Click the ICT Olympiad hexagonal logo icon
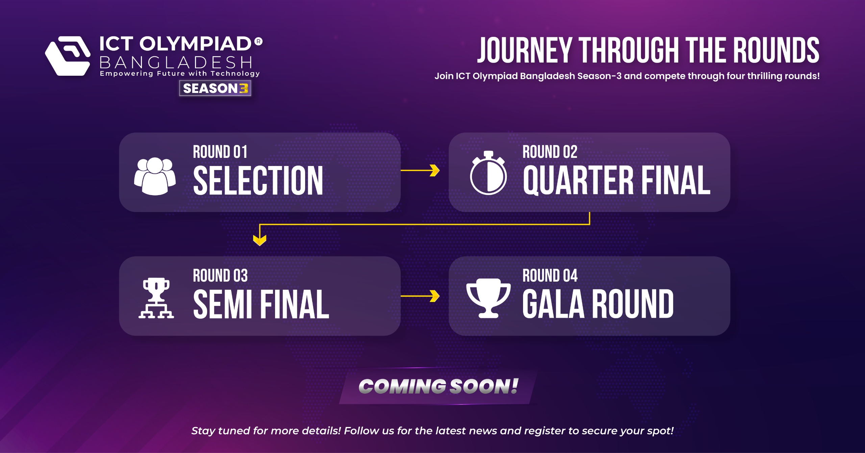(68, 56)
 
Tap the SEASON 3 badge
(215, 89)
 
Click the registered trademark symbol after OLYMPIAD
(258, 42)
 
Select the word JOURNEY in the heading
(524, 50)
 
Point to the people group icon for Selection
(155, 176)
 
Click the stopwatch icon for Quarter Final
(488, 173)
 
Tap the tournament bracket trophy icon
(156, 298)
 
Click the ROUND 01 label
(220, 152)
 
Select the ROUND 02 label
(550, 152)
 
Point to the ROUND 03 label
(220, 276)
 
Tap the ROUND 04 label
(550, 276)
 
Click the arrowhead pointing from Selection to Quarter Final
(435, 170)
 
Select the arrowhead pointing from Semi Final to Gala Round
(435, 296)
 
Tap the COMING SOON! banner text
(438, 386)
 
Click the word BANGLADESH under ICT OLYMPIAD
(176, 63)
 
